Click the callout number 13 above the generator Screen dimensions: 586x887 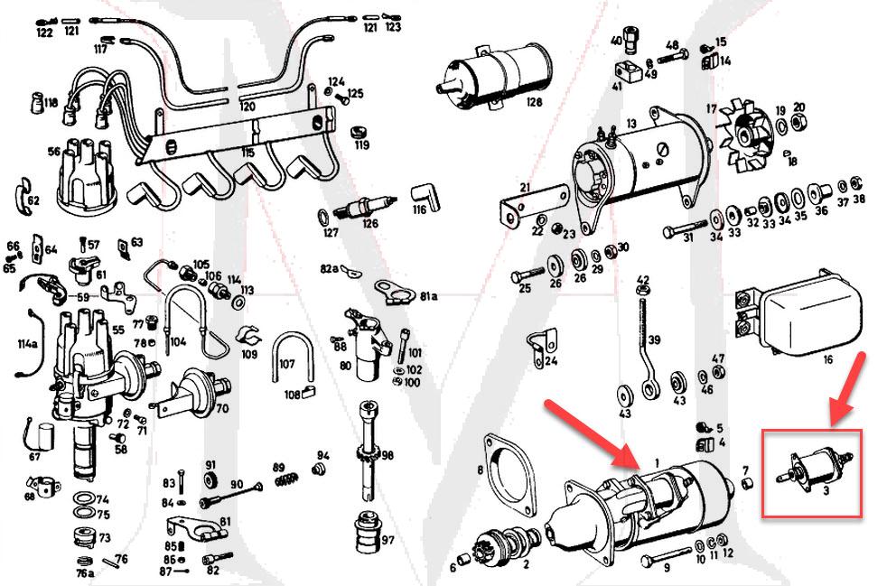pos(631,123)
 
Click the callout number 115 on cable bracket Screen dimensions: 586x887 pos(247,154)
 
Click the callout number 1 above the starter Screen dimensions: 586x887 pos(657,462)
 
